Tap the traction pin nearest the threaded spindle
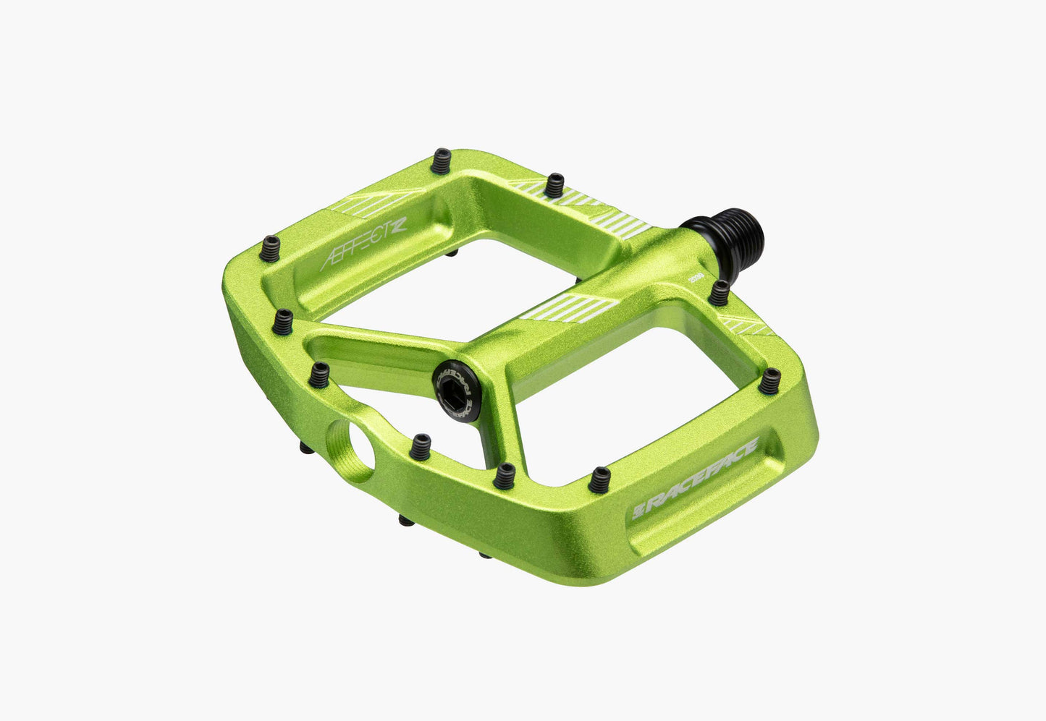(720, 292)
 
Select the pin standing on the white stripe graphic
(554, 185)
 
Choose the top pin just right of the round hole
(419, 446)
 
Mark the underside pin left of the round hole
(307, 448)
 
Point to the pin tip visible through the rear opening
(451, 253)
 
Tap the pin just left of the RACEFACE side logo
(599, 479)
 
